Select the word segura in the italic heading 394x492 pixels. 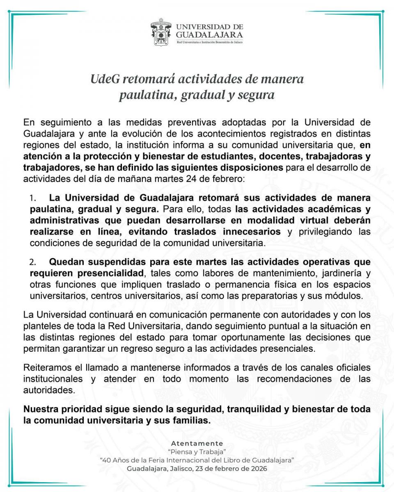coord(254,95)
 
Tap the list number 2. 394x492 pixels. coord(33,262)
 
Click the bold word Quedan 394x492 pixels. coord(68,262)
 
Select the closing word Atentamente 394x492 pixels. coord(197,443)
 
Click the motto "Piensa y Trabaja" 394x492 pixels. coord(197,452)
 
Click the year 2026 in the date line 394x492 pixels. coord(259,469)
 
